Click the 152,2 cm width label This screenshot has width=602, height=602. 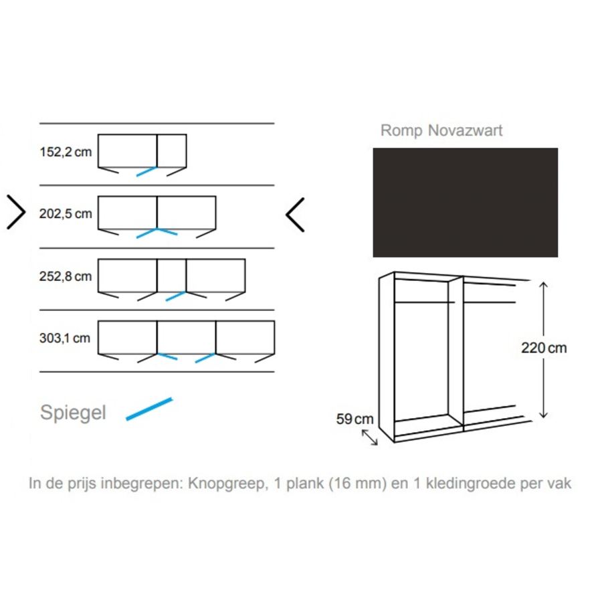click(x=66, y=152)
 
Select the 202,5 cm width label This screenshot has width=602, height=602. click(x=66, y=214)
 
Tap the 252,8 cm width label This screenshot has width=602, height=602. click(x=66, y=276)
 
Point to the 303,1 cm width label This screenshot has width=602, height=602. click(x=65, y=338)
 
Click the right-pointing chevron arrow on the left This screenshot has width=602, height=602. click(x=16, y=212)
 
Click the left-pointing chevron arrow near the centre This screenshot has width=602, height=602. click(x=295, y=215)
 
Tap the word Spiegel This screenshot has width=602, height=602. click(x=73, y=413)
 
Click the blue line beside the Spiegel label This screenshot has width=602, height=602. click(x=149, y=409)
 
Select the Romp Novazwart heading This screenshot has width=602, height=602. click(x=441, y=130)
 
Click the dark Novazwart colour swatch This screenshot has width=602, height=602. click(x=465, y=202)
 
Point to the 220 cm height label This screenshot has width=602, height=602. click(x=544, y=348)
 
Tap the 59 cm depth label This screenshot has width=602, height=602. click(x=355, y=419)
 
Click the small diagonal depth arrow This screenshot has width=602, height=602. click(x=369, y=437)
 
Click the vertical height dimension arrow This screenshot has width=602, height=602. click(x=543, y=314)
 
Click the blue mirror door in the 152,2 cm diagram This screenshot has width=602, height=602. click(x=146, y=171)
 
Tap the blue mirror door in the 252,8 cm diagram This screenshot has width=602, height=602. click(x=175, y=296)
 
